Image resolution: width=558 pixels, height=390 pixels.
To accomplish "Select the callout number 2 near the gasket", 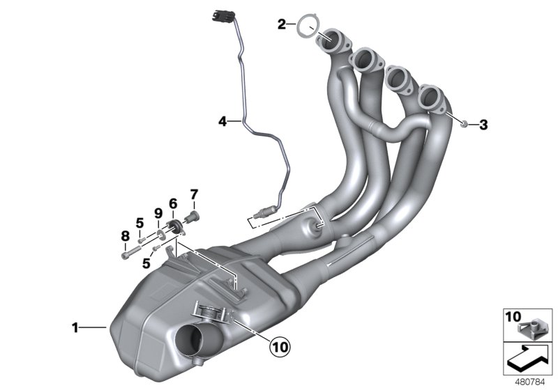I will point(281,25).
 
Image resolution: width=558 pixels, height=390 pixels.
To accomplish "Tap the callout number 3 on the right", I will point(483,125).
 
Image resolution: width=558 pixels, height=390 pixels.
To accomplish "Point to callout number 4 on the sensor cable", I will point(223,121).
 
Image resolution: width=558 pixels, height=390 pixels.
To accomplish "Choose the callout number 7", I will point(195,193).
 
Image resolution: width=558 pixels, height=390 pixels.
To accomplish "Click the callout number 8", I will point(126,235).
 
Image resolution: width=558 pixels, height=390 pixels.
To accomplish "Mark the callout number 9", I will point(158,212).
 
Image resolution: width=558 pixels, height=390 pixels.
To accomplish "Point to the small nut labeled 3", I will point(465,124).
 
